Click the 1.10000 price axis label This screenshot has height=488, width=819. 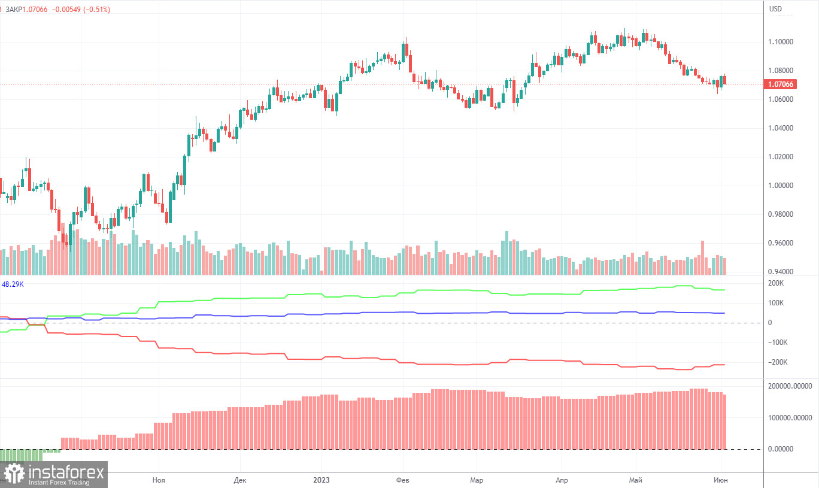click(x=781, y=42)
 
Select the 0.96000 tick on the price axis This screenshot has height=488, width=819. click(x=781, y=243)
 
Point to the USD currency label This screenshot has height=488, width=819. click(x=775, y=9)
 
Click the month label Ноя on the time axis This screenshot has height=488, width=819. click(x=159, y=480)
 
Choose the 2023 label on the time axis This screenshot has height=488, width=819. click(x=321, y=480)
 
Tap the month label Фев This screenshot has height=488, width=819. click(x=403, y=480)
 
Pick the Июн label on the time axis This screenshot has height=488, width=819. click(x=720, y=480)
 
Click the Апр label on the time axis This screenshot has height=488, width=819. click(x=562, y=480)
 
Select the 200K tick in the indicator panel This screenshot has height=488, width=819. click(x=776, y=283)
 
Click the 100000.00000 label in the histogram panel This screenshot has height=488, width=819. click(x=789, y=417)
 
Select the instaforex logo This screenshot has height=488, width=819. click(x=54, y=474)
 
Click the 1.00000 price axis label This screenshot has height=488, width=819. click(x=781, y=186)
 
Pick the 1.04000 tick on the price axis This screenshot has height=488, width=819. click(x=781, y=128)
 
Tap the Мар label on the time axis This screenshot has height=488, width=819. click(x=477, y=480)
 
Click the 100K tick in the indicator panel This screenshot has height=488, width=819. click(x=776, y=303)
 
